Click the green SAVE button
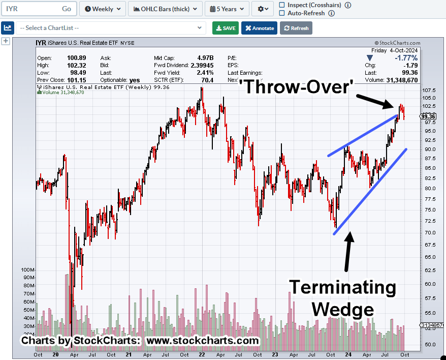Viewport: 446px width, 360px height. tap(226, 28)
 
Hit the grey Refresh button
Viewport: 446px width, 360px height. tap(296, 28)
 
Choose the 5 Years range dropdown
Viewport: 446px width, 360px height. tap(227, 9)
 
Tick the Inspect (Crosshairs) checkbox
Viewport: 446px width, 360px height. tap(282, 5)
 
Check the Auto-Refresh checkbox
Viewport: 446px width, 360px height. tap(282, 13)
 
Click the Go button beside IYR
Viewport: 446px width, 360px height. tap(67, 9)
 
